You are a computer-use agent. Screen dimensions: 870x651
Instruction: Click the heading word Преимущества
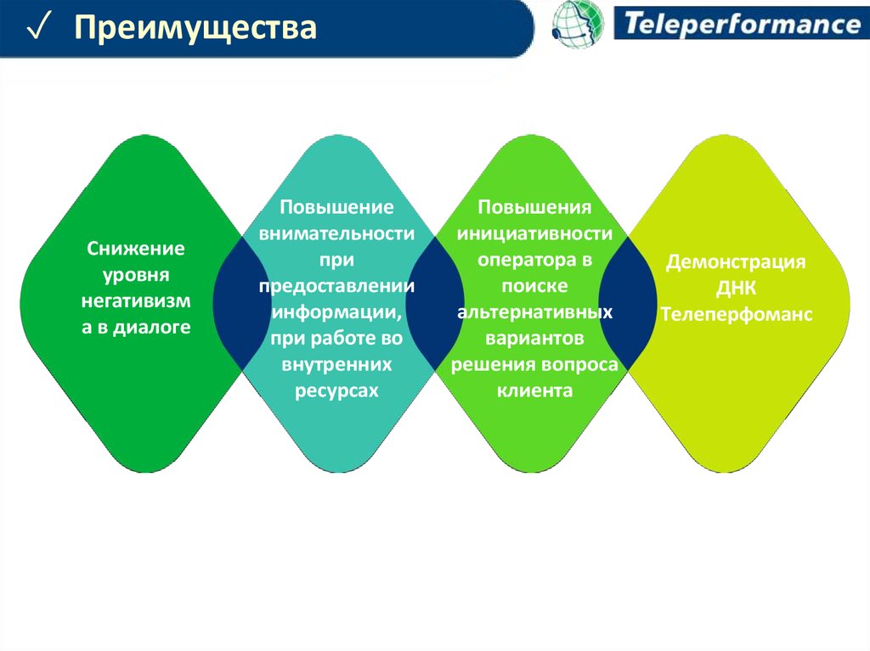[195, 28]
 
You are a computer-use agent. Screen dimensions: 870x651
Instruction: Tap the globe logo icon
[578, 24]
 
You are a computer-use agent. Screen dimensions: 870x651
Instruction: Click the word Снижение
[136, 249]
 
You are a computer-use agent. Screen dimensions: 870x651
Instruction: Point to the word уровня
[136, 275]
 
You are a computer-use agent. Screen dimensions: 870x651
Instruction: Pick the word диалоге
[152, 327]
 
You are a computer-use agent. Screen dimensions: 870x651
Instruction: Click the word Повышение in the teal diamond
[336, 207]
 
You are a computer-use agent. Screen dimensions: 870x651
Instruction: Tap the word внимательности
[336, 233]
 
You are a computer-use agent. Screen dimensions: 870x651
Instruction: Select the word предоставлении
[336, 286]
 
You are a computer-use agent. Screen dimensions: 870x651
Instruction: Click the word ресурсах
[336, 390]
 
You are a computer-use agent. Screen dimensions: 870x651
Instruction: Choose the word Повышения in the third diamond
[534, 207]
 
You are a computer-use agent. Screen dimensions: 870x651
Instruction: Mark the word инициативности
[534, 233]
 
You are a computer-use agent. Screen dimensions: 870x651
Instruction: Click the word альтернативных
[535, 312]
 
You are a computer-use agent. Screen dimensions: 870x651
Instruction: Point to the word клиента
[534, 390]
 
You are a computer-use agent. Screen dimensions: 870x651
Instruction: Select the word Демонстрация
[736, 261]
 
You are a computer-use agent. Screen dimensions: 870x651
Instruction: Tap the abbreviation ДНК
[736, 289]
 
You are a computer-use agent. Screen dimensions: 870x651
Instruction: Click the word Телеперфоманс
[737, 314]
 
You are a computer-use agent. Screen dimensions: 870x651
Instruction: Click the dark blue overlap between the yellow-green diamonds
[628, 303]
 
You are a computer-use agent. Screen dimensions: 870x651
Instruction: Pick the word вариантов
[534, 339]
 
